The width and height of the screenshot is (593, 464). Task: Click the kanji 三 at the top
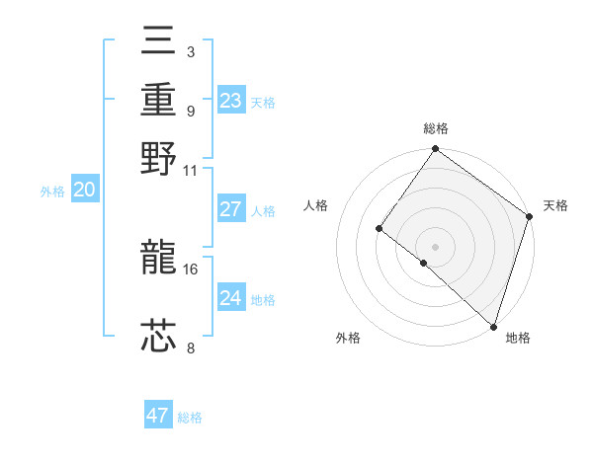(159, 42)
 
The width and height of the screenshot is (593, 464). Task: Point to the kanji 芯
(159, 336)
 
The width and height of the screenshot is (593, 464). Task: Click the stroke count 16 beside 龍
(192, 269)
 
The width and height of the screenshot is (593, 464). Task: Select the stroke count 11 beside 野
(191, 170)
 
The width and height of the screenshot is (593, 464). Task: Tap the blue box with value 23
(231, 101)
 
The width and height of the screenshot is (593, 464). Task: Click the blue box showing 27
(231, 209)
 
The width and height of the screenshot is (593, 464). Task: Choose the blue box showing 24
(231, 298)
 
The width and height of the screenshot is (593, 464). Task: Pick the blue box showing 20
(84, 191)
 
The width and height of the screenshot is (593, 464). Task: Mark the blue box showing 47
(158, 416)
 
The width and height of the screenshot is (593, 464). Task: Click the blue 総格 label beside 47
(190, 418)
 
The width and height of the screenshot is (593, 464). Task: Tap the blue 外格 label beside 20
(52, 193)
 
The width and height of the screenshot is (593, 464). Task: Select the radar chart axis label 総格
(436, 128)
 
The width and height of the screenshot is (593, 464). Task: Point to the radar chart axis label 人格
(316, 205)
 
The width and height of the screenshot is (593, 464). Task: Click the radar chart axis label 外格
(348, 339)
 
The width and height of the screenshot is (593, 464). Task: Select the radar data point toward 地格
(493, 325)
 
